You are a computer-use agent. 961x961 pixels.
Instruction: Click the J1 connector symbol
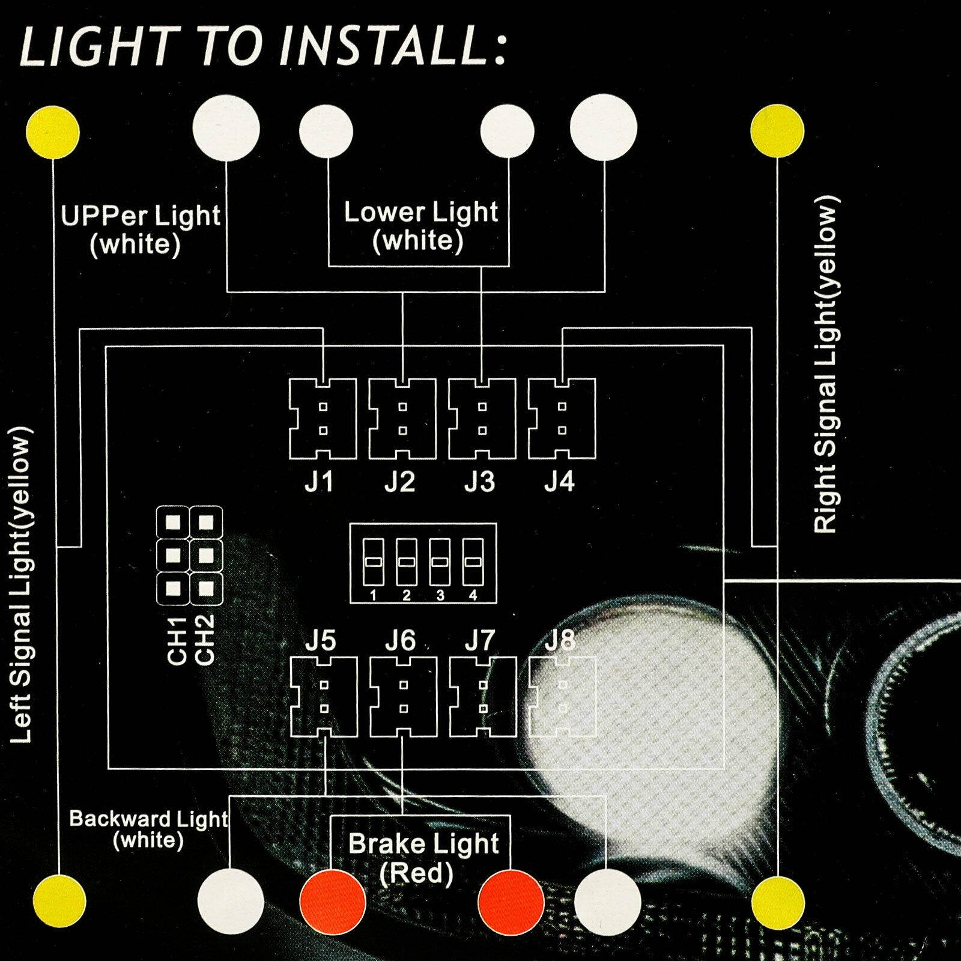tap(323, 419)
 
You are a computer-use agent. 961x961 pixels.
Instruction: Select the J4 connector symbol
tap(562, 419)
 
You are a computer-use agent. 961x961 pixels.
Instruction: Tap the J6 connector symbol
tap(403, 697)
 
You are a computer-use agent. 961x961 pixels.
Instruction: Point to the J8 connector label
tap(560, 640)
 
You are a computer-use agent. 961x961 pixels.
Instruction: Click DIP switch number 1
tap(373, 562)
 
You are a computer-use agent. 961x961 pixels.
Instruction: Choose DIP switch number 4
tap(473, 562)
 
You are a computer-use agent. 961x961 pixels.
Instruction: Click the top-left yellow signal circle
tap(53, 133)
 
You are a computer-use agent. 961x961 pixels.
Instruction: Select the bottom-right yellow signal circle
tap(778, 902)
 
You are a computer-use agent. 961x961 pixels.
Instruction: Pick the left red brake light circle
tap(332, 902)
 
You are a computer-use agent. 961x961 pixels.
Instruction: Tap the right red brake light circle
tap(511, 902)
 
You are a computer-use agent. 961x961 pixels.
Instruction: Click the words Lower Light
tap(420, 213)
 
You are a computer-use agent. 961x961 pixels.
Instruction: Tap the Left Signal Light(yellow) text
tap(22, 584)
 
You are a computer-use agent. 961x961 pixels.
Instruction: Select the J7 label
tap(480, 640)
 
